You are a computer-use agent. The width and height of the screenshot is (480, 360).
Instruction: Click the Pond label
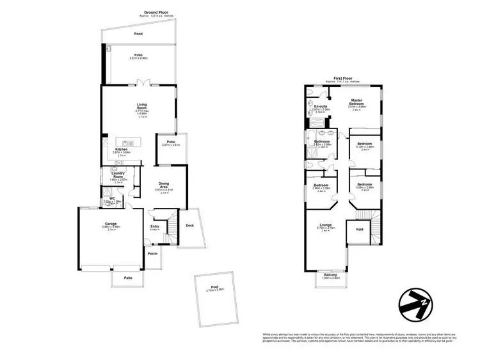click(138, 33)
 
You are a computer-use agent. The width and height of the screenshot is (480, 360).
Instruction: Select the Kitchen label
click(122, 149)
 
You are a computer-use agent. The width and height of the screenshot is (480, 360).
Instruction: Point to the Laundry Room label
click(117, 175)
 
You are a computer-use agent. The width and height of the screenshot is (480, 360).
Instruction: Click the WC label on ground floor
click(112, 198)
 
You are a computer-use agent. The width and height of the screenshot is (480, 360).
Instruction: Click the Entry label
click(155, 226)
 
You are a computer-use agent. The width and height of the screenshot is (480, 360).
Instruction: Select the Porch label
click(152, 254)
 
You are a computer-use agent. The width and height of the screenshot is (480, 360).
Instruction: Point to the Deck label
click(189, 225)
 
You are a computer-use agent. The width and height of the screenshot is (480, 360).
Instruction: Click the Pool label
click(214, 287)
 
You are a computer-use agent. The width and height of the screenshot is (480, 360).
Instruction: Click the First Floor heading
click(342, 78)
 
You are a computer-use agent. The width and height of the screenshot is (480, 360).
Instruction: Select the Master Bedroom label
click(356, 103)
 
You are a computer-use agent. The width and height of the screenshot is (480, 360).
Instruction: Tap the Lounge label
click(326, 225)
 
